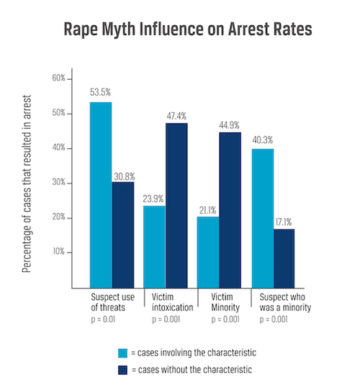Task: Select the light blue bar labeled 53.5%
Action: tap(100, 194)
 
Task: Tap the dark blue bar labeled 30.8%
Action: tap(122, 234)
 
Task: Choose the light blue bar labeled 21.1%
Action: tap(208, 252)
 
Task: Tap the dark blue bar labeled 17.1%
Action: tap(284, 258)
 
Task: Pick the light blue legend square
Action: tap(123, 352)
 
